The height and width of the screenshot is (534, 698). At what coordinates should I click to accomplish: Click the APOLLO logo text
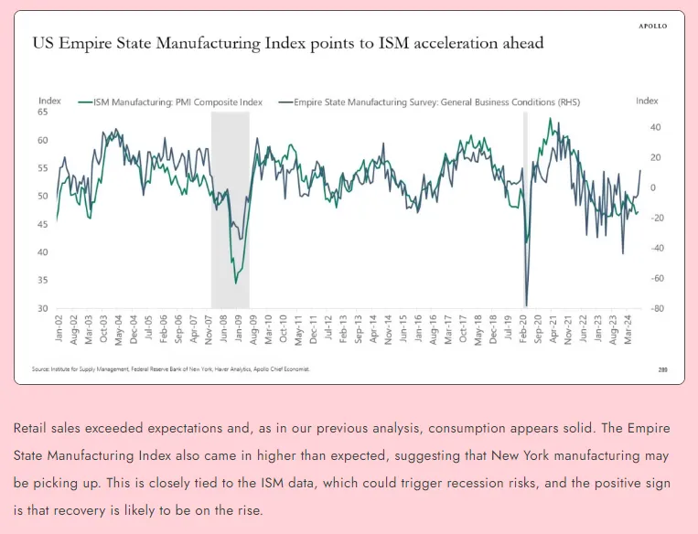(x=652, y=26)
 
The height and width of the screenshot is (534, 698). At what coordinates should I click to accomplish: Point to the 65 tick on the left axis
(x=43, y=112)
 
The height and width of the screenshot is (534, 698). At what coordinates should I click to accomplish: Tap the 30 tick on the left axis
(x=43, y=308)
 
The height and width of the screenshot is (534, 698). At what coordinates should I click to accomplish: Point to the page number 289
(x=662, y=369)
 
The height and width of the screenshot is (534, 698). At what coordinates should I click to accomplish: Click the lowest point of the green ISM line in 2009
(x=236, y=283)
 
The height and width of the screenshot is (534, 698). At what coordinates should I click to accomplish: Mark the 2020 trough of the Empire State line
(x=526, y=305)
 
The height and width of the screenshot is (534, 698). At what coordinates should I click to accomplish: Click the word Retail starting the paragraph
(x=31, y=427)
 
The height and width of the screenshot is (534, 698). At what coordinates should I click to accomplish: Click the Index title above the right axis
(x=647, y=101)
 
